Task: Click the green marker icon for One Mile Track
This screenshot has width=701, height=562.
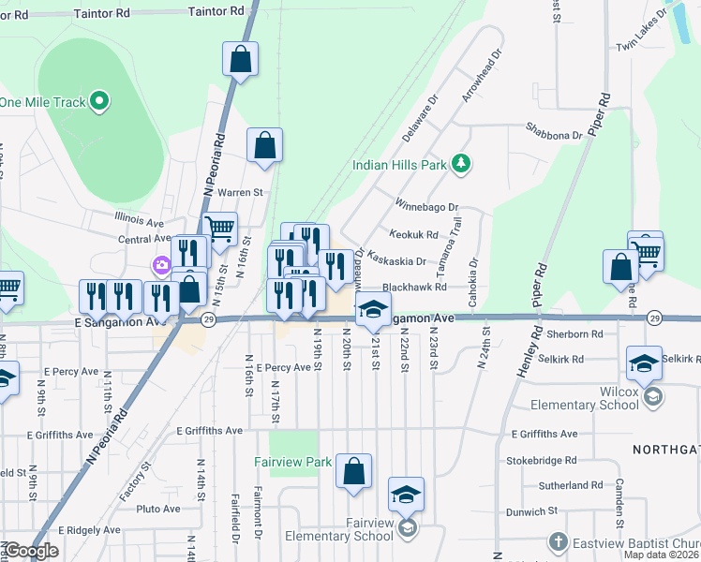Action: point(98,102)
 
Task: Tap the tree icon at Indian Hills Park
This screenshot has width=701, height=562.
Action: point(460,165)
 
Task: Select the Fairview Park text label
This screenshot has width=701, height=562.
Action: point(292,462)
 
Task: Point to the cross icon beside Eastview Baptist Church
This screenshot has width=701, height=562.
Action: point(558,542)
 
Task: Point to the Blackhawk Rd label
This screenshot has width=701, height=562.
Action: point(414,288)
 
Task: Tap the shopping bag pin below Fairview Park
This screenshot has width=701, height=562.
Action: point(353,473)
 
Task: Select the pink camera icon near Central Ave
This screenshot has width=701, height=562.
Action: point(162,267)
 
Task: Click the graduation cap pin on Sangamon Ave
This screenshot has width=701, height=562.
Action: point(373,311)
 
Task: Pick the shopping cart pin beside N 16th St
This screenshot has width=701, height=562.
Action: point(220,229)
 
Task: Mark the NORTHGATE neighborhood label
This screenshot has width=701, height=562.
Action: point(665,450)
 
